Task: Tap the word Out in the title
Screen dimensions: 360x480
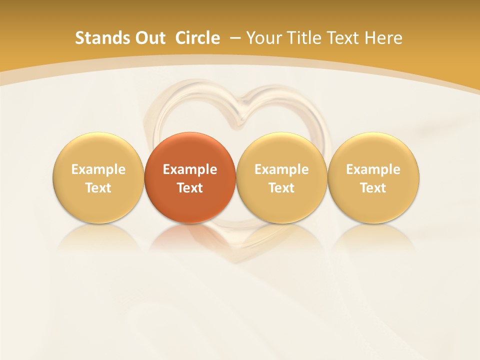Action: pos(149,38)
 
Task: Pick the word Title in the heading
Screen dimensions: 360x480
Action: pos(303,38)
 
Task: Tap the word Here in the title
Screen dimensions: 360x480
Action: pos(384,38)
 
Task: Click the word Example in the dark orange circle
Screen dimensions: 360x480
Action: pos(190,169)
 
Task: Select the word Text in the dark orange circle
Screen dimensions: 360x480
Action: pos(190,188)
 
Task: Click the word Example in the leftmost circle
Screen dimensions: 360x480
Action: pos(98,169)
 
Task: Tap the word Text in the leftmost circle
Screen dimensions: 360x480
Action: pos(98,188)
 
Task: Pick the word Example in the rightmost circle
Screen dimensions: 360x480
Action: pos(373,169)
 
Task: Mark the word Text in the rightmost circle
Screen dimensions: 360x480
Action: pos(373,188)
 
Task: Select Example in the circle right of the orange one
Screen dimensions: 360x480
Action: pos(281,169)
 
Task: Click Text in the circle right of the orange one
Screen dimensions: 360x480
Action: pos(281,188)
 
